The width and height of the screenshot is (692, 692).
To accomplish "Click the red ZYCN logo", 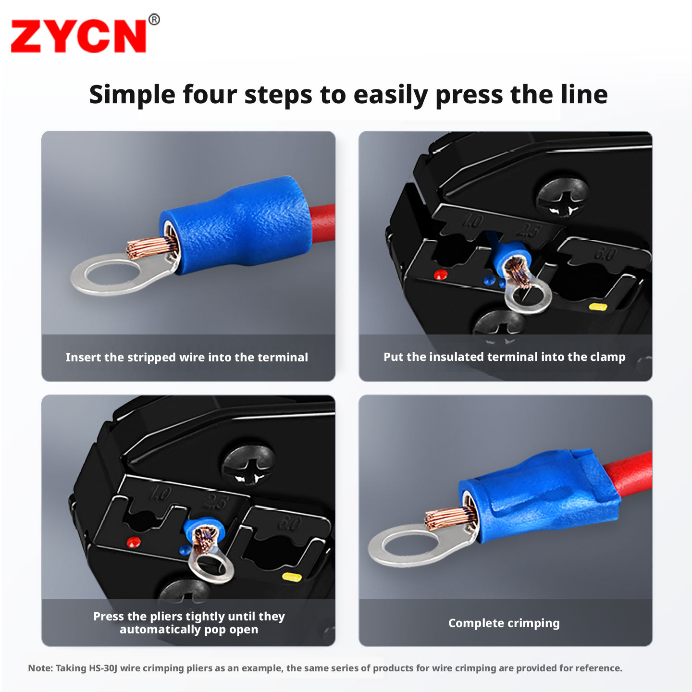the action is coord(79,36).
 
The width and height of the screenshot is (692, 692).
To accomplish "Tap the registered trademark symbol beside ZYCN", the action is coord(154,19).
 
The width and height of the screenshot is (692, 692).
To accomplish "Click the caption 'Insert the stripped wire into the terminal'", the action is coord(187,358).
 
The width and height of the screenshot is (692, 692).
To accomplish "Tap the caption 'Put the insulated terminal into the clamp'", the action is coord(505,357).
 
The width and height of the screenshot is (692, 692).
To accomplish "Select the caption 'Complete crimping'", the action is coord(504,623).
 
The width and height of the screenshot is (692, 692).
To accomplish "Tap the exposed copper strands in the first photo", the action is coord(147,247).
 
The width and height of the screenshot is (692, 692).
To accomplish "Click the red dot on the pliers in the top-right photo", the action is coord(441,275).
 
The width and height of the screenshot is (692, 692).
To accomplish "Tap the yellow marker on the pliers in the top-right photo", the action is coord(598,307).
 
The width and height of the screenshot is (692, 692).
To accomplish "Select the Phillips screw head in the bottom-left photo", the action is coord(248,465).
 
